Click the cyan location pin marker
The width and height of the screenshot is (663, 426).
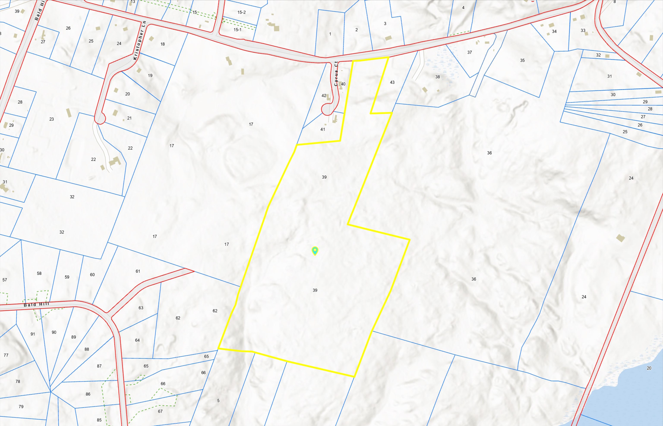[x=315, y=251]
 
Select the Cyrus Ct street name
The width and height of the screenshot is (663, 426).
[x=336, y=74]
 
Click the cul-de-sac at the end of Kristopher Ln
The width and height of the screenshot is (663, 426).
[x=100, y=119]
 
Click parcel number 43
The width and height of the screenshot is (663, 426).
[x=392, y=82]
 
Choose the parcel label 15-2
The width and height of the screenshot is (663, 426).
[x=241, y=12]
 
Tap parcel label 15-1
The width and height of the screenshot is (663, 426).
[x=237, y=30]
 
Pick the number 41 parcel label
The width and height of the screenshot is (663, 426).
[x=323, y=129]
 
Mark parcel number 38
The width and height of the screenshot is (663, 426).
[x=437, y=77]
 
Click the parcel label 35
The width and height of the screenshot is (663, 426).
[x=522, y=60]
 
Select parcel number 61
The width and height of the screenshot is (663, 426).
[x=138, y=271]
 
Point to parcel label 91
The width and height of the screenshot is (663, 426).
[x=33, y=334]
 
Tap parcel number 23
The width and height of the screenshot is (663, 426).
[x=51, y=119]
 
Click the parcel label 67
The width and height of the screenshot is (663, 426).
[x=160, y=411]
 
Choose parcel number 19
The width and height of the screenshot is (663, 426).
[x=150, y=75]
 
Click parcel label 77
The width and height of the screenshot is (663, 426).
[x=6, y=355]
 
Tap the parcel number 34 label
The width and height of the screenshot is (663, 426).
[x=554, y=31]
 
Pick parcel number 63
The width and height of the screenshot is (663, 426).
[x=141, y=308]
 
